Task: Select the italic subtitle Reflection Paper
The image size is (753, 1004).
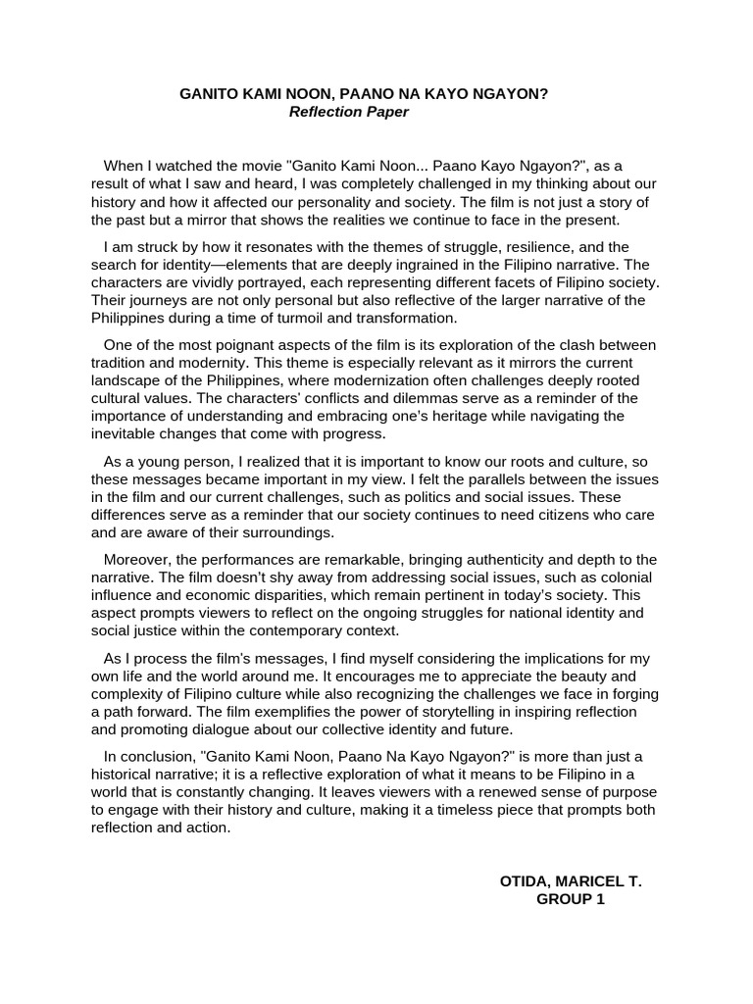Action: (348, 112)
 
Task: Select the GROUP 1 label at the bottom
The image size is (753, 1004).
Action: (571, 899)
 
